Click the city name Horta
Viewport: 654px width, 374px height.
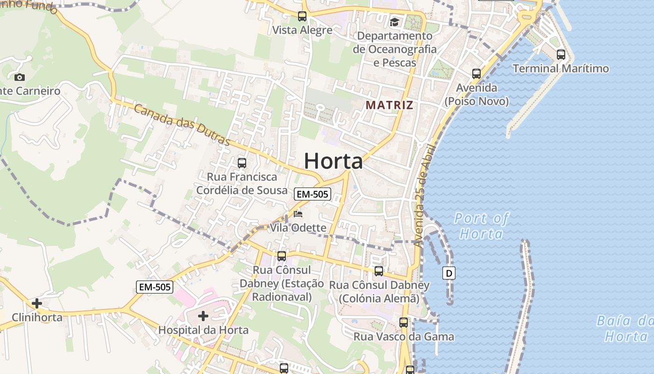(x=333, y=161)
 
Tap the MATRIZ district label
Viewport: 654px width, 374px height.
(x=390, y=105)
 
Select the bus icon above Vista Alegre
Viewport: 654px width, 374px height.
(x=302, y=16)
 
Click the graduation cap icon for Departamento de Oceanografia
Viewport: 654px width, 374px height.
(x=395, y=22)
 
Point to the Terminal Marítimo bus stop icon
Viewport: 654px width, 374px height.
(x=561, y=54)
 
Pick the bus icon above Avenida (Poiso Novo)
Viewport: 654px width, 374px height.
(x=476, y=73)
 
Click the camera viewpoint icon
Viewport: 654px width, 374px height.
(x=20, y=77)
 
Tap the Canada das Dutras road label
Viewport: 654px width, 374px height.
(x=182, y=125)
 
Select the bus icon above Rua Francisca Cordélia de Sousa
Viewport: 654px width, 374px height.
(x=242, y=163)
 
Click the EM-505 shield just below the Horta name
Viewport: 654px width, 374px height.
(x=313, y=194)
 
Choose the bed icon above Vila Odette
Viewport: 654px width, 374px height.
(x=298, y=214)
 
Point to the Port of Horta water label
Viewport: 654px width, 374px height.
(x=481, y=226)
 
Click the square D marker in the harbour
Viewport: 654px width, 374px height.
(x=449, y=273)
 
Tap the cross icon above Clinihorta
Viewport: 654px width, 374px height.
(x=37, y=303)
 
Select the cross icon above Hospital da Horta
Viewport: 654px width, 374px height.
(x=203, y=316)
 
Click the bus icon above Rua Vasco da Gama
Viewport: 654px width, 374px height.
(x=404, y=322)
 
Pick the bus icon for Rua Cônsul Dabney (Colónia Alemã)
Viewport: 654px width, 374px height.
(x=379, y=271)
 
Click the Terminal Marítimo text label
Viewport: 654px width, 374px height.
(x=561, y=69)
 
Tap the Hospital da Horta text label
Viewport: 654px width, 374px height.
(x=203, y=330)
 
